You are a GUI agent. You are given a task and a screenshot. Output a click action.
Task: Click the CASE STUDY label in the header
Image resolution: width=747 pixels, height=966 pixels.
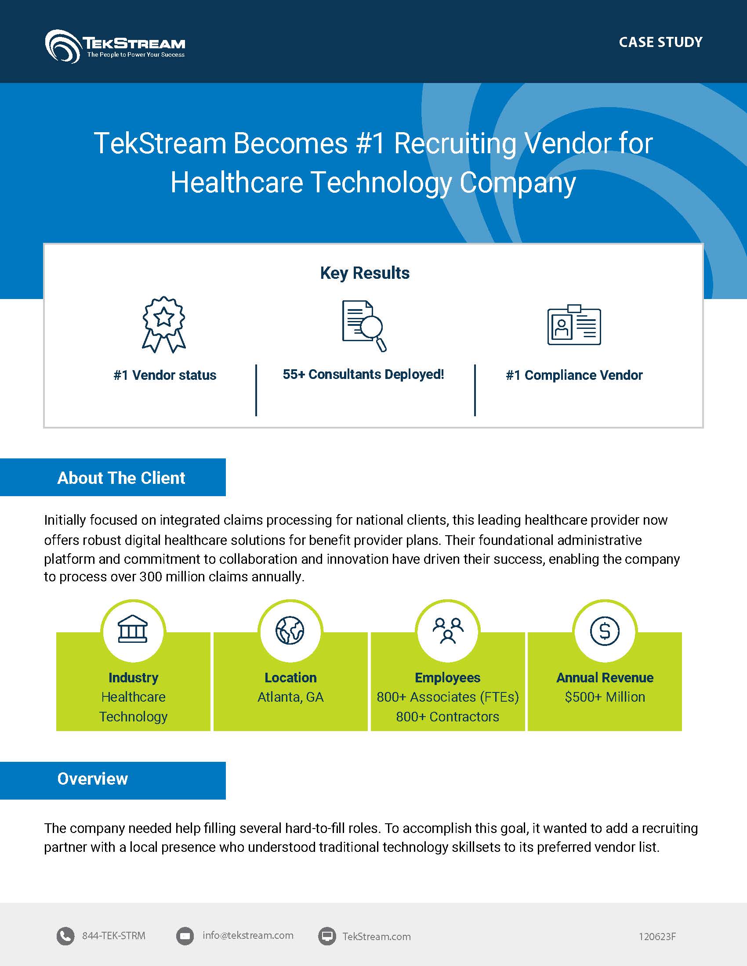[x=660, y=43]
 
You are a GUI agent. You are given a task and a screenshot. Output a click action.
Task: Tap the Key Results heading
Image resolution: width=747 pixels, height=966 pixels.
[x=365, y=273]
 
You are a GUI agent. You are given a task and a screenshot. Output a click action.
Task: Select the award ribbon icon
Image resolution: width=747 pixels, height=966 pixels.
[x=164, y=324]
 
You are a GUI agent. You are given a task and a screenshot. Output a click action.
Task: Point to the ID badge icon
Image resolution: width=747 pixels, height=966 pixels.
[x=574, y=324]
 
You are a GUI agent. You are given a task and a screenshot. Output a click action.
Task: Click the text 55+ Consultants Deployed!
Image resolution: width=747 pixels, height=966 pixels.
[x=363, y=375]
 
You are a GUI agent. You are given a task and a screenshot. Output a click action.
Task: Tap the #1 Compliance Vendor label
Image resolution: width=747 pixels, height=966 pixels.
[x=574, y=375]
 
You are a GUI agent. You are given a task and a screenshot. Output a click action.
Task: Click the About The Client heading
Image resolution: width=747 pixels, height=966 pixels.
[x=121, y=478]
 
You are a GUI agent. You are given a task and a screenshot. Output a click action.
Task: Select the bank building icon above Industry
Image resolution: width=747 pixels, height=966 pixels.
[x=133, y=630]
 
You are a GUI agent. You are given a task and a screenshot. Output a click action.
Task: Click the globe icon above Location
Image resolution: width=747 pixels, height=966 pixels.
[x=290, y=630]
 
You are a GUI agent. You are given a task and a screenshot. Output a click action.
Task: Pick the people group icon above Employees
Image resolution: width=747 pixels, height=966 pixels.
[x=448, y=630]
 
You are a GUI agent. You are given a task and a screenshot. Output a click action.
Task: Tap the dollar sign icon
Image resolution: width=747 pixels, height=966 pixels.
[x=605, y=631]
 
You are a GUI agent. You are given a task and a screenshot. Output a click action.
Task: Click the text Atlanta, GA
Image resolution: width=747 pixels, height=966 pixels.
[x=290, y=697]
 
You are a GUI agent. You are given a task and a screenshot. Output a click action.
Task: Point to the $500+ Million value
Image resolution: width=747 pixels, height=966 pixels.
[x=605, y=697]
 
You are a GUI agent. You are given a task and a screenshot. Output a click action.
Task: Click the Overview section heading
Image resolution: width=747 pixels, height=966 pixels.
[x=92, y=779]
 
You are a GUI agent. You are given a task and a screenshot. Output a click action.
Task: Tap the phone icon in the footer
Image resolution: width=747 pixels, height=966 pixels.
[x=65, y=937]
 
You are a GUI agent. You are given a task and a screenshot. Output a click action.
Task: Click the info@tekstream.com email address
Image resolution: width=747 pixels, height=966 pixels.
[x=248, y=935]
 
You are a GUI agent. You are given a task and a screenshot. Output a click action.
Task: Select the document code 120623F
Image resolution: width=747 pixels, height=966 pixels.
[x=657, y=937]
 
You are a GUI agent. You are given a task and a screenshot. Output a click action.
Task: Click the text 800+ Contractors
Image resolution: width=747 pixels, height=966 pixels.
[x=447, y=717]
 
